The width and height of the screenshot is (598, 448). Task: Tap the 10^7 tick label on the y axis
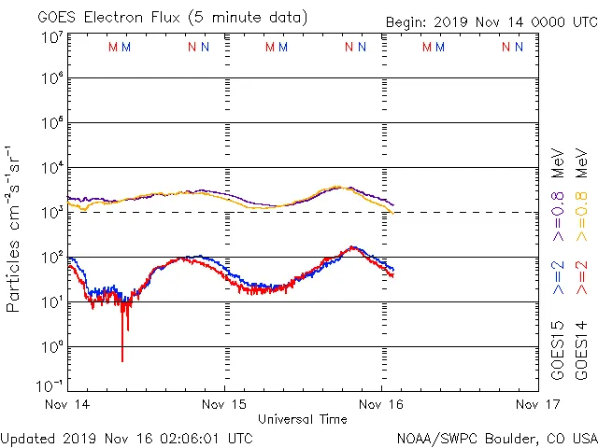(51, 38)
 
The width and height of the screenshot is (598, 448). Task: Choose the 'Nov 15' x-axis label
(225, 405)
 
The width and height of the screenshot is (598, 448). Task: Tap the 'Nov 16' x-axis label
(381, 405)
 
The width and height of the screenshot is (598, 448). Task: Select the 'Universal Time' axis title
(302, 419)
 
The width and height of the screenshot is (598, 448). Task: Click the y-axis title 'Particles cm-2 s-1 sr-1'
(13, 229)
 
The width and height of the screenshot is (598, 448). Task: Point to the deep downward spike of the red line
(122, 359)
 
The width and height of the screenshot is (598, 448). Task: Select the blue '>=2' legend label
(558, 278)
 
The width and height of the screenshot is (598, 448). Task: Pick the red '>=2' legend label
(581, 278)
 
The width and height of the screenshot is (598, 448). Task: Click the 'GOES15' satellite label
(558, 350)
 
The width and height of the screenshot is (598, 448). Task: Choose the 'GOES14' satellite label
(581, 350)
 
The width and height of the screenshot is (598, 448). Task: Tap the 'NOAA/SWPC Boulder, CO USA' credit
(496, 438)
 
